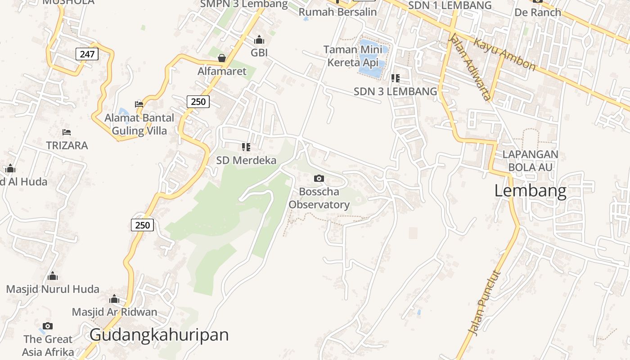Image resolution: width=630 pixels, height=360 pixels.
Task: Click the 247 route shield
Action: tap(87, 54)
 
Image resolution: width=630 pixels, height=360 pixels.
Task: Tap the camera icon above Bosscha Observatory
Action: tap(319, 179)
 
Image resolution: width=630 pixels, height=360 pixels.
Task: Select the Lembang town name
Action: tap(530, 191)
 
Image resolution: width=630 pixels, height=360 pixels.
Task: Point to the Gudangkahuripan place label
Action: tap(159, 335)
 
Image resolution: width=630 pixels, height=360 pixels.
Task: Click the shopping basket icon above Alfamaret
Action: tap(222, 58)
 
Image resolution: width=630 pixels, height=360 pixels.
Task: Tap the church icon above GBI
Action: tap(259, 40)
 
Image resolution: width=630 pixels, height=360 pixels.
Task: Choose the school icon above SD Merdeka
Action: tap(246, 147)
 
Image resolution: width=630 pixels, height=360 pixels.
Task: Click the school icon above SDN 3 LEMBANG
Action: tap(396, 78)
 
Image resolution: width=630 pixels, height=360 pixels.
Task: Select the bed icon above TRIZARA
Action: tap(67, 132)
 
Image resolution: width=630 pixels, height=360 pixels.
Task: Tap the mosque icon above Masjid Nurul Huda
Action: tap(53, 276)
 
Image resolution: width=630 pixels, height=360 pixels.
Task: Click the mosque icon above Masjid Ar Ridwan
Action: tap(114, 299)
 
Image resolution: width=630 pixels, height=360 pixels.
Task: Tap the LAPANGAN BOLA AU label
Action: tap(530, 161)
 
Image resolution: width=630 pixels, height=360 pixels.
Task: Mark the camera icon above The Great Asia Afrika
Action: tap(48, 326)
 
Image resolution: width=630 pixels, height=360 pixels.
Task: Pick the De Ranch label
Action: tap(538, 12)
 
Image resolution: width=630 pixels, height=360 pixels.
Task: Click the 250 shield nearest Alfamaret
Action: tap(198, 102)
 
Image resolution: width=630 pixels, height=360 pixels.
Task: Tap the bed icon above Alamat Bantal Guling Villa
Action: tap(139, 104)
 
